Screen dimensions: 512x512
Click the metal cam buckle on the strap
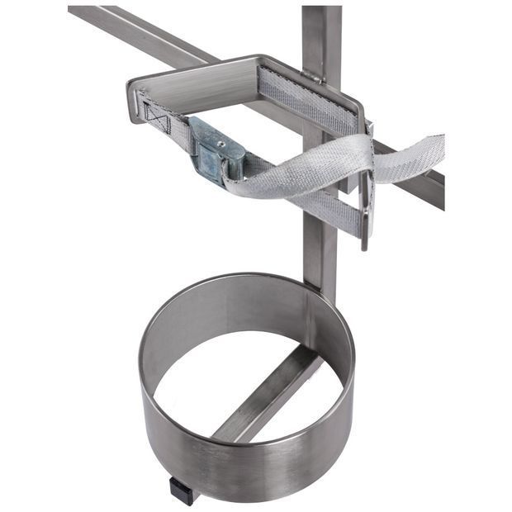tap(216, 149)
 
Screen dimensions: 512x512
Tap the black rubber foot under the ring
tap(183, 490)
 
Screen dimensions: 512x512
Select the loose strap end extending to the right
tap(413, 157)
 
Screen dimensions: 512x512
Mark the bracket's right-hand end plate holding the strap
tap(366, 190)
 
